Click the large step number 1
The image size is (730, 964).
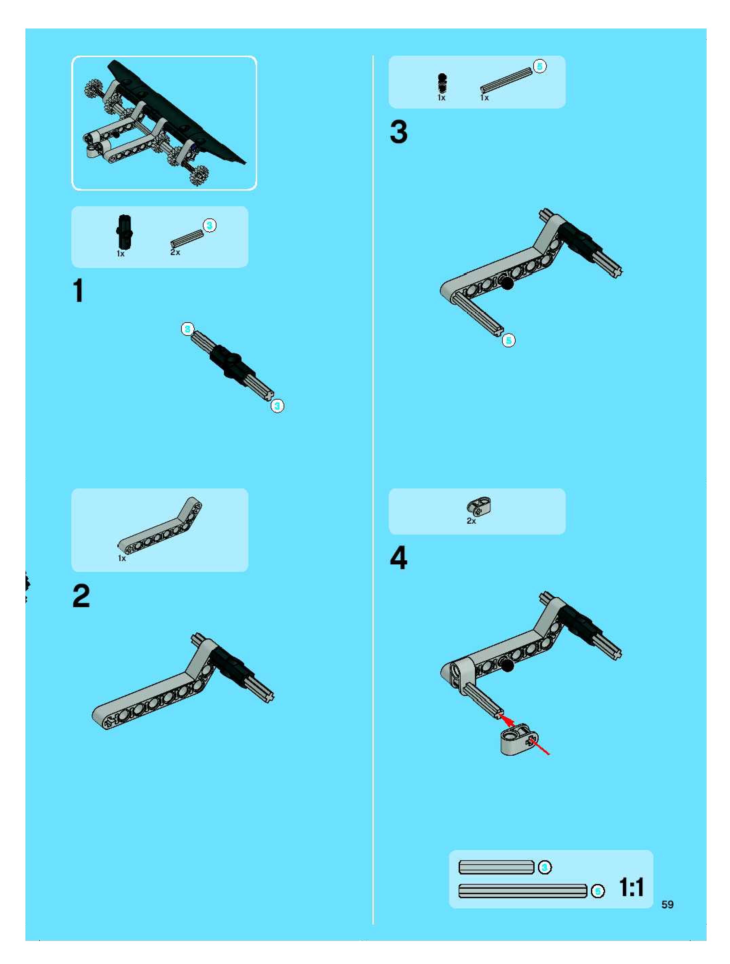tap(78, 291)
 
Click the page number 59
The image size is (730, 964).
tap(667, 904)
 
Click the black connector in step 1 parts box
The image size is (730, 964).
tap(124, 232)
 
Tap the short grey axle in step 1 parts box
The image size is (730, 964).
tap(187, 238)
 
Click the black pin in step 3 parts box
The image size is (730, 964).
tap(442, 83)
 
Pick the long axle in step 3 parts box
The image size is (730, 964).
tap(506, 79)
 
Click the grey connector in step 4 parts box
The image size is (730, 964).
tap(479, 506)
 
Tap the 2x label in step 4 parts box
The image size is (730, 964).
tap(472, 521)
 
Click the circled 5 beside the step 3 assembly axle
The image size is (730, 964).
tap(508, 340)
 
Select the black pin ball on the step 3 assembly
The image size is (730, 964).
tap(507, 283)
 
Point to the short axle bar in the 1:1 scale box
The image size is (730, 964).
tap(496, 867)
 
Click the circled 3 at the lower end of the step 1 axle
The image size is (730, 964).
tap(277, 406)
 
